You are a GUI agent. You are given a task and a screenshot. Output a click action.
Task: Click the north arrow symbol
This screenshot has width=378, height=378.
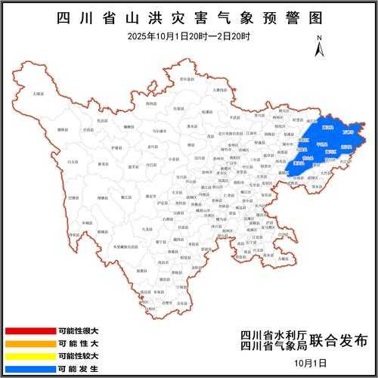coord(320,48)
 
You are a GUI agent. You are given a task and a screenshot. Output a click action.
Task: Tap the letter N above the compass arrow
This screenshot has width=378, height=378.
coord(320,38)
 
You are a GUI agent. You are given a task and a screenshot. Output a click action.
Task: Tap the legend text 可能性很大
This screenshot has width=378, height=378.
coord(78,331)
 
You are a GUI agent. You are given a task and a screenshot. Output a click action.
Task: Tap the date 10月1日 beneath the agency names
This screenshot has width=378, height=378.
coord(313,363)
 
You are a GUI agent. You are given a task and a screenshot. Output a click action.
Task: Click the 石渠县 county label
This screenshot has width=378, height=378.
coord(37,94)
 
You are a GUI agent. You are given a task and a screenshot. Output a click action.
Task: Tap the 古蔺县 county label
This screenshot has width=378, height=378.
coord(282,259)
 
